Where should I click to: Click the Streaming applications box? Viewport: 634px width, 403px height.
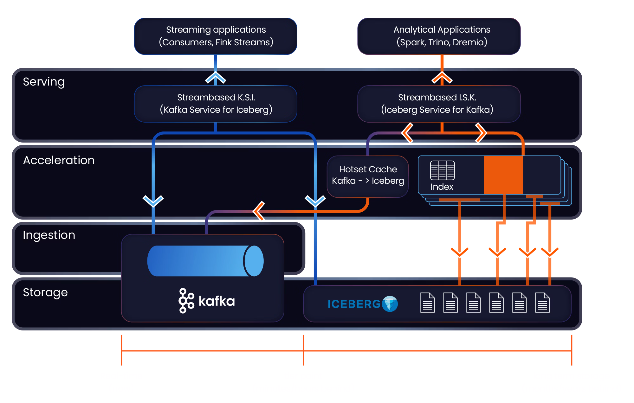(216, 36)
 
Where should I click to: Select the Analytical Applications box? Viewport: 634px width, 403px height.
(442, 36)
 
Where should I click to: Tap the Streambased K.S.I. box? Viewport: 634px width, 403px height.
(216, 104)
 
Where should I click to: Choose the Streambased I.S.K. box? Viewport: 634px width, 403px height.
(439, 104)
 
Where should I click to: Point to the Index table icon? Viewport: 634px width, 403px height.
(442, 170)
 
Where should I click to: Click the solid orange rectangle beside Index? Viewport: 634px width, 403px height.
(503, 175)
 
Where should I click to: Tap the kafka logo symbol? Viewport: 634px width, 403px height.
(186, 301)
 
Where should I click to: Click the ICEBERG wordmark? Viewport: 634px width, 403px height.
(354, 304)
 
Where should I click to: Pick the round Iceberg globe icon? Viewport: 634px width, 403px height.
(390, 304)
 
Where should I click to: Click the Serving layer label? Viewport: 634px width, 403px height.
(44, 82)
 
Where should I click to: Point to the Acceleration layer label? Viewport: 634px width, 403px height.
(59, 160)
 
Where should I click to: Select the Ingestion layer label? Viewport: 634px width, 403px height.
(49, 235)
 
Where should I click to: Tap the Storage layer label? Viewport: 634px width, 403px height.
(45, 292)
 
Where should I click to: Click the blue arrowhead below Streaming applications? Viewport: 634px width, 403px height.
(216, 77)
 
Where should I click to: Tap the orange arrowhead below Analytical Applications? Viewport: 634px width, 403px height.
(442, 77)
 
